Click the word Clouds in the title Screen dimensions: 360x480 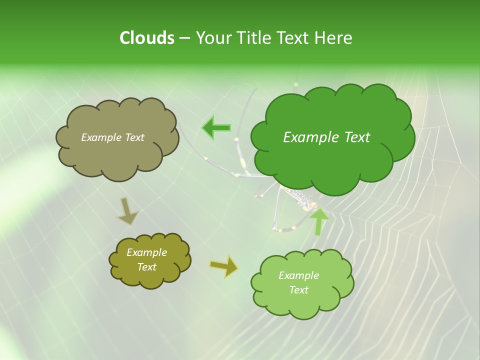146,38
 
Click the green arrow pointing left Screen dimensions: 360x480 216,128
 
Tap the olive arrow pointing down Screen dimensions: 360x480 128,211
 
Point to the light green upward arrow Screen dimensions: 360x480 318,222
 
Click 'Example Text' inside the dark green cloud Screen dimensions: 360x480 326,137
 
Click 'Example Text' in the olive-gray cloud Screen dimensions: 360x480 112,137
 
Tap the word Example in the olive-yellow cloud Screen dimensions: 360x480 146,252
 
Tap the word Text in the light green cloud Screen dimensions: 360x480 298,290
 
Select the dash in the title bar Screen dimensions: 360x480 184,38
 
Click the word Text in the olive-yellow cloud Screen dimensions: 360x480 146,267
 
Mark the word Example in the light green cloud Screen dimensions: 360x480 298,275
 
